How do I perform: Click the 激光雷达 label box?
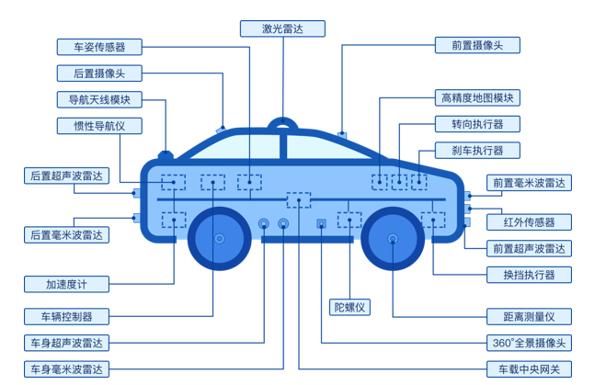(282, 28)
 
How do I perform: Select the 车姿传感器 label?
(99, 47)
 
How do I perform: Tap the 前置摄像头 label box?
(477, 45)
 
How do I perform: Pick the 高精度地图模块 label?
(477, 98)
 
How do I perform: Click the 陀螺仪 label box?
(349, 307)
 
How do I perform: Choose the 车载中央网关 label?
(530, 369)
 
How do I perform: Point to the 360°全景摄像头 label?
(530, 343)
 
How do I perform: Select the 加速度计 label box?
(66, 284)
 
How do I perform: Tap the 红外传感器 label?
(530, 222)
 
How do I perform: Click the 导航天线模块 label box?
(99, 100)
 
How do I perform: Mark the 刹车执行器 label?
(477, 151)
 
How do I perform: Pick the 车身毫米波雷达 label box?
(66, 369)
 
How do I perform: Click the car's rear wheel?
(219, 239)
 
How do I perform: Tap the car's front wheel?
(393, 239)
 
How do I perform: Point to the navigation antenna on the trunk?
(166, 154)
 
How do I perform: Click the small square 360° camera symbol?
(321, 223)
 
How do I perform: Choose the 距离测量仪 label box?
(530, 317)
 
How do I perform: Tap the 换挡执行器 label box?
(530, 275)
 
